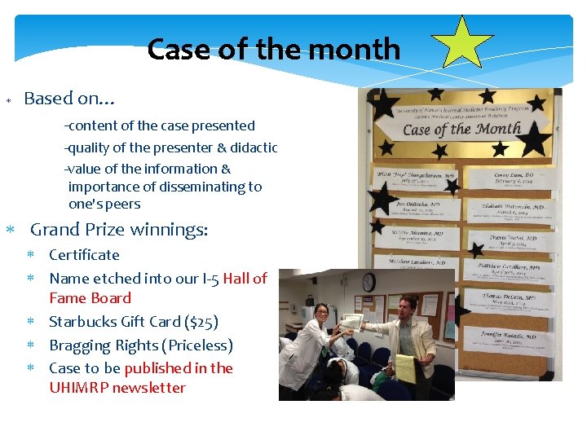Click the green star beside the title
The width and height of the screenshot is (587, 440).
point(462,42)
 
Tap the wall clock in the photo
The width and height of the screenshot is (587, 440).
point(369,282)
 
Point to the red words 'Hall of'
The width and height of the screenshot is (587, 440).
point(245,279)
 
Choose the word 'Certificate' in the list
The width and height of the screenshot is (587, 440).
point(84,255)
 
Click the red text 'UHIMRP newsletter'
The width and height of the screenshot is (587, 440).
point(117,389)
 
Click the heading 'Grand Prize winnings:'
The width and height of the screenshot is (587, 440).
point(119,231)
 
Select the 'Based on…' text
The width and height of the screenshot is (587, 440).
point(69,99)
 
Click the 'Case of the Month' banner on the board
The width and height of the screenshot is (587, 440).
point(461,129)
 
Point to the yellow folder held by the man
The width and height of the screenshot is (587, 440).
point(405,368)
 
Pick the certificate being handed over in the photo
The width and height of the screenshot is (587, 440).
point(352,320)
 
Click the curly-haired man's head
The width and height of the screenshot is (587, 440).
point(411,303)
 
